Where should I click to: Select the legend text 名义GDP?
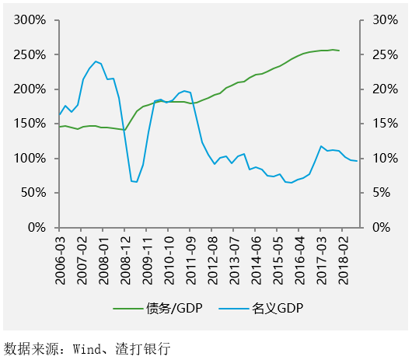pyautogui.click(x=278, y=309)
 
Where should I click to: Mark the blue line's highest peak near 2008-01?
pyautogui.click(x=96, y=61)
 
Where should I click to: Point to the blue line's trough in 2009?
pyautogui.click(x=137, y=182)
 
